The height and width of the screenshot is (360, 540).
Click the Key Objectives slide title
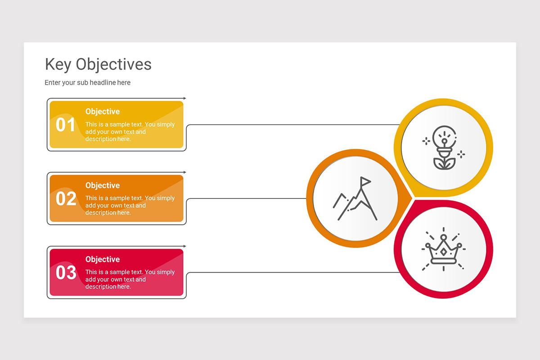98,64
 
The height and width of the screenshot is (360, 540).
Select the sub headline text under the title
87,83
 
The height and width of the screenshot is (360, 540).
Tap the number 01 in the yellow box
66,125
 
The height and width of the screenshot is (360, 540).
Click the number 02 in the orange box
66,198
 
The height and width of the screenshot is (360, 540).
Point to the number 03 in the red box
66,273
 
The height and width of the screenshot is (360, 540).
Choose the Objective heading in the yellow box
103,112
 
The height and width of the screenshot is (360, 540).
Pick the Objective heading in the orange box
103,185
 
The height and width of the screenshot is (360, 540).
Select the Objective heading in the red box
103,259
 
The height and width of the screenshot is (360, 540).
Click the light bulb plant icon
444,148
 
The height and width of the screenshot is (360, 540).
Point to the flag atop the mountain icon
365,181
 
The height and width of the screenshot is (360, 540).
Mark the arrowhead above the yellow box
184,98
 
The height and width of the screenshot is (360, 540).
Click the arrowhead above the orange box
184,172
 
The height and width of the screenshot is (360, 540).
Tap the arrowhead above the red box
184,246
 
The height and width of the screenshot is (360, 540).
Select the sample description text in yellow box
130,132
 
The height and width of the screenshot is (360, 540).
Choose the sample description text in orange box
130,206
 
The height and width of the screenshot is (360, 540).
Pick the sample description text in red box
130,279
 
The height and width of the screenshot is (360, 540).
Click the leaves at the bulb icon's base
444,163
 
